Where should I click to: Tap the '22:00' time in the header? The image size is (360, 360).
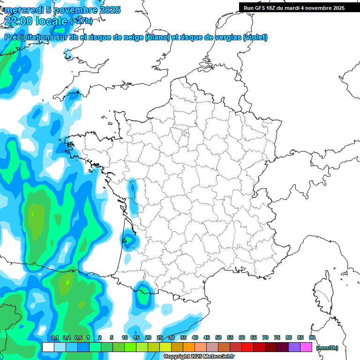click(x=18, y=21)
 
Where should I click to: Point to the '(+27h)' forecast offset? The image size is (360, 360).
click(x=81, y=21)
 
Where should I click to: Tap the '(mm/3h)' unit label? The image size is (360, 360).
click(x=327, y=348)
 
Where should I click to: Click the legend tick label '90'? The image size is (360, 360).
click(x=312, y=337)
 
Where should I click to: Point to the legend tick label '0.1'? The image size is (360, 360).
click(x=54, y=337)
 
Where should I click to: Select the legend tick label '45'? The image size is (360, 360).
click(x=207, y=337)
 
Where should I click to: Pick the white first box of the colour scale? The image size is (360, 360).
click(x=48, y=347)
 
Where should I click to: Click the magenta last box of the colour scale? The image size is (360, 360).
click(x=306, y=347)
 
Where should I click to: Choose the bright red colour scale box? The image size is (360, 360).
click(x=247, y=347)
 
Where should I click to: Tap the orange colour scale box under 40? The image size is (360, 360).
click(x=189, y=347)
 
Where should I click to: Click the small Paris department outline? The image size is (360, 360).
click(x=185, y=134)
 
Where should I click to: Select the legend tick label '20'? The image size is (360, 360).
click(x=148, y=337)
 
